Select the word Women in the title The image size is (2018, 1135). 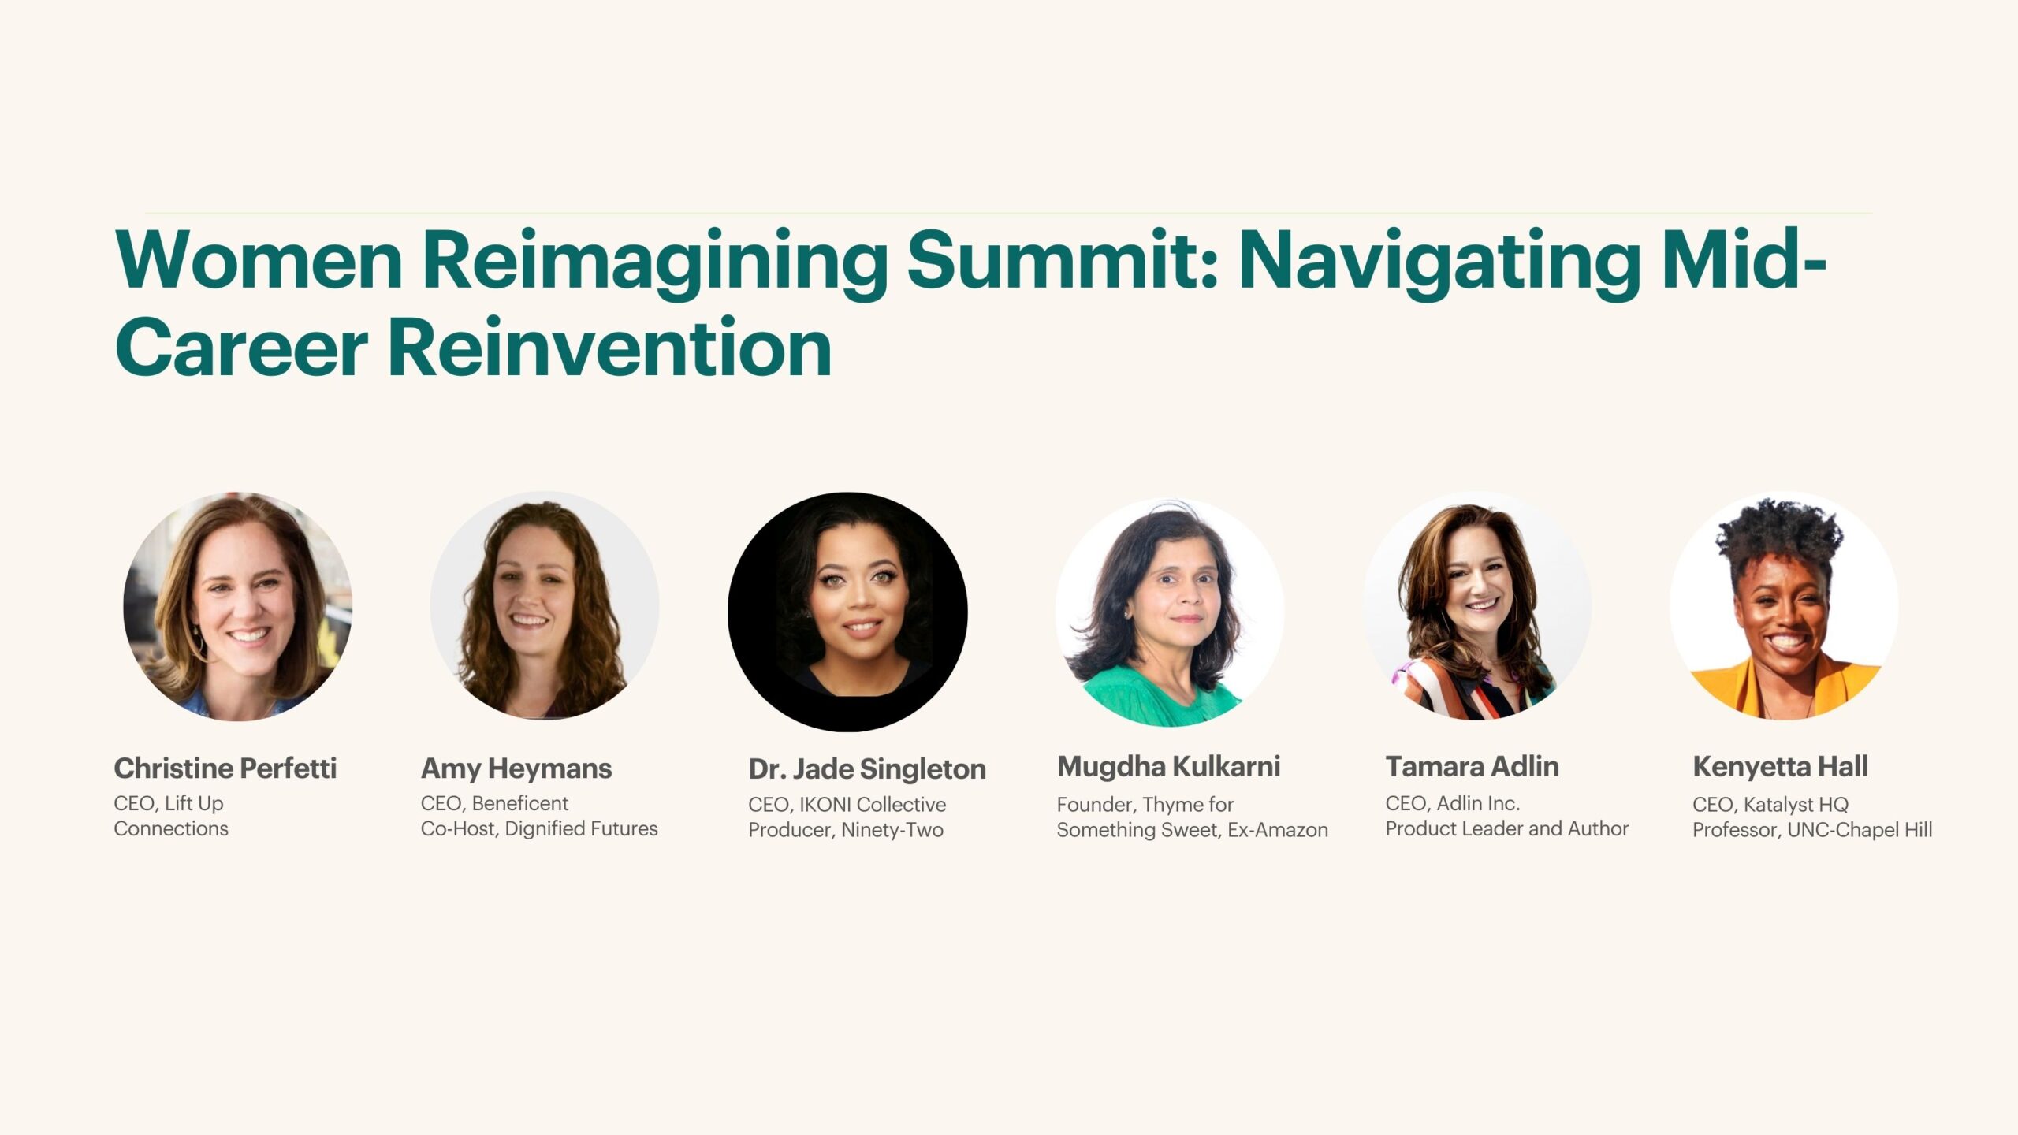(259, 260)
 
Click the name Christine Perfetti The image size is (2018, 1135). (225, 768)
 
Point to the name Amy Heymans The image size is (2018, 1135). (516, 768)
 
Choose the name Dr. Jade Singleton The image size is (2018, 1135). (866, 768)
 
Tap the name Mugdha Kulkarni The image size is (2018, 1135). (1168, 766)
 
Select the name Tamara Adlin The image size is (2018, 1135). (1472, 766)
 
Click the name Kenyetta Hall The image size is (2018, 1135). (1780, 766)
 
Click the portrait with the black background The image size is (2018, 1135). (847, 612)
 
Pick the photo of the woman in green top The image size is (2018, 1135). (1169, 612)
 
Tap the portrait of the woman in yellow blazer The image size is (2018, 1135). (1783, 607)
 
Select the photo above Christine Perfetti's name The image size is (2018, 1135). (237, 607)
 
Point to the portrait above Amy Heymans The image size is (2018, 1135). (544, 605)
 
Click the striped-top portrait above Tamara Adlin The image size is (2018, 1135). (1477, 605)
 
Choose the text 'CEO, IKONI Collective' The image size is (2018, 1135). (847, 804)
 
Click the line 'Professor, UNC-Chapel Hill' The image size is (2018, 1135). (1811, 829)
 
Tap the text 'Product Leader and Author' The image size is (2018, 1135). (1506, 828)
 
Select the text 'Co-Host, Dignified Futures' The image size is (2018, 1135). (538, 828)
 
